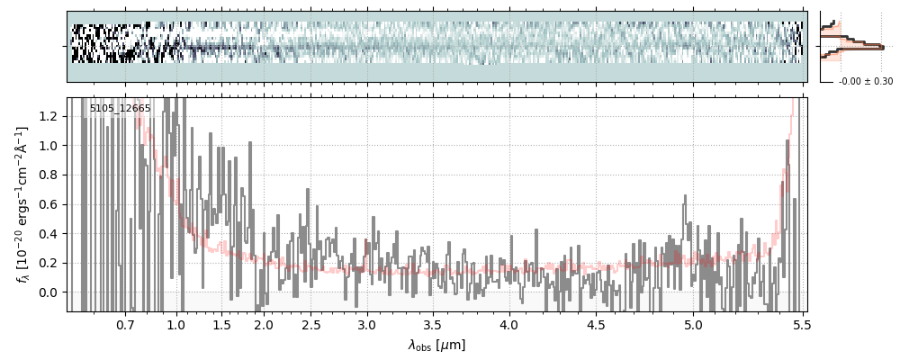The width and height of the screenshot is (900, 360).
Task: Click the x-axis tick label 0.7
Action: (x=125, y=324)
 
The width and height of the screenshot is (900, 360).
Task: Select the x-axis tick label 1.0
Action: (x=176, y=324)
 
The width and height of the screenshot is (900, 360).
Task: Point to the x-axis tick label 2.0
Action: (x=263, y=324)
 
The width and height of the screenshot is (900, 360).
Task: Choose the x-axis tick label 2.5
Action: (x=310, y=324)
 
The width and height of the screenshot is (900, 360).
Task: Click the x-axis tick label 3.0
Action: (x=366, y=324)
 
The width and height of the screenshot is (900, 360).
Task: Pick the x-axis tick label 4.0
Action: (x=509, y=324)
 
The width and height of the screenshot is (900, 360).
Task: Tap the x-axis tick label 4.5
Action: (x=597, y=324)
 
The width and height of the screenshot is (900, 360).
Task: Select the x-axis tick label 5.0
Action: (x=694, y=324)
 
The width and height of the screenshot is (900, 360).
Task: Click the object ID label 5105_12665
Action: (x=120, y=108)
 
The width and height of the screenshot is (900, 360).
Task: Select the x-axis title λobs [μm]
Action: (x=436, y=345)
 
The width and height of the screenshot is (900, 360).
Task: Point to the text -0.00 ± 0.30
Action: (x=865, y=82)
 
